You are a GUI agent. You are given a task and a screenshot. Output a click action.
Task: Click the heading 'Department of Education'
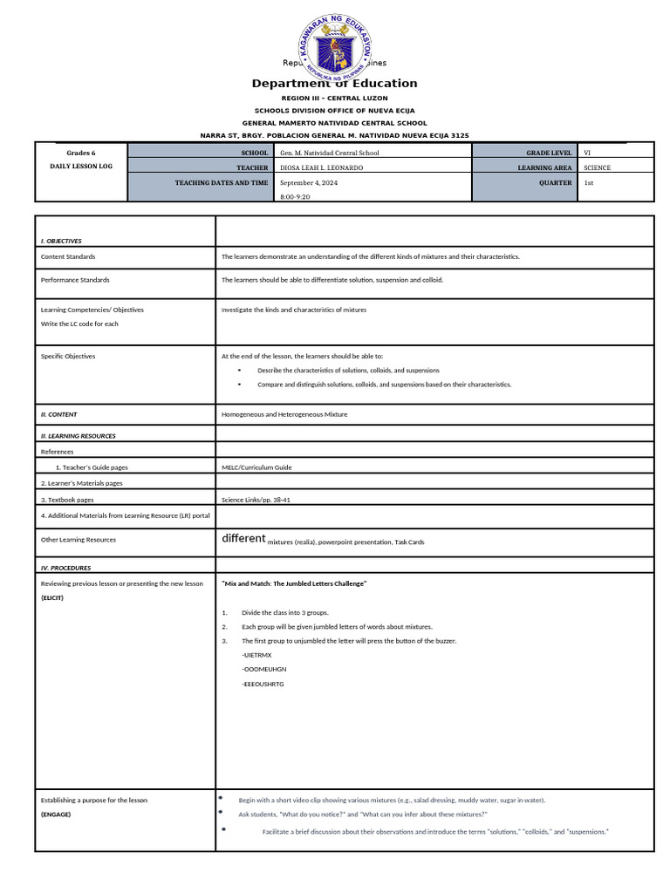point(335,84)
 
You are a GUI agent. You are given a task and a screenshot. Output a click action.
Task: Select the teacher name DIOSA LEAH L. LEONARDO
point(321,167)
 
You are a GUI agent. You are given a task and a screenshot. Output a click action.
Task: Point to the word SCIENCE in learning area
point(598,167)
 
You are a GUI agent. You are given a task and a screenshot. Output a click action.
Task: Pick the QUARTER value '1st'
point(589,183)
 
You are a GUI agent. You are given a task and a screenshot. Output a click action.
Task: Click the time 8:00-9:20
point(295,197)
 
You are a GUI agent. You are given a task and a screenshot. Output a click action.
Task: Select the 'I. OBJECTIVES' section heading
point(61,241)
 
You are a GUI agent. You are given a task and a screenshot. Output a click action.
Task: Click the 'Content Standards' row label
point(68,257)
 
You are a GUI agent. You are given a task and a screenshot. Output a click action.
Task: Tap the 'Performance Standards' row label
point(75,280)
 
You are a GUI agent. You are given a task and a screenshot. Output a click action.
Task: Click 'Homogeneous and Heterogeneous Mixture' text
point(284,414)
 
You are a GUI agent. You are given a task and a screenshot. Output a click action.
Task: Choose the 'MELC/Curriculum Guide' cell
point(256,467)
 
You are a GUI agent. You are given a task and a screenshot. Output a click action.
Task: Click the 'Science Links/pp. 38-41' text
point(256,500)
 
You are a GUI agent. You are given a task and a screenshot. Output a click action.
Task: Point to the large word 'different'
point(243,539)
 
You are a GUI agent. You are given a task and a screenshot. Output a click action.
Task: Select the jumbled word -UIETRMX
point(256,654)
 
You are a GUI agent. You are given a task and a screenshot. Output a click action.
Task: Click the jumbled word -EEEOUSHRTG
point(263,684)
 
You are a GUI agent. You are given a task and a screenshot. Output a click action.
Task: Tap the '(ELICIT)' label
point(53,598)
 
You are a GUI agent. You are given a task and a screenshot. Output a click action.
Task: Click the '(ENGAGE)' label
point(56,815)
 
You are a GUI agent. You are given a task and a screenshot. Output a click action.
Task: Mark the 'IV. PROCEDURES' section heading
point(65,568)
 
